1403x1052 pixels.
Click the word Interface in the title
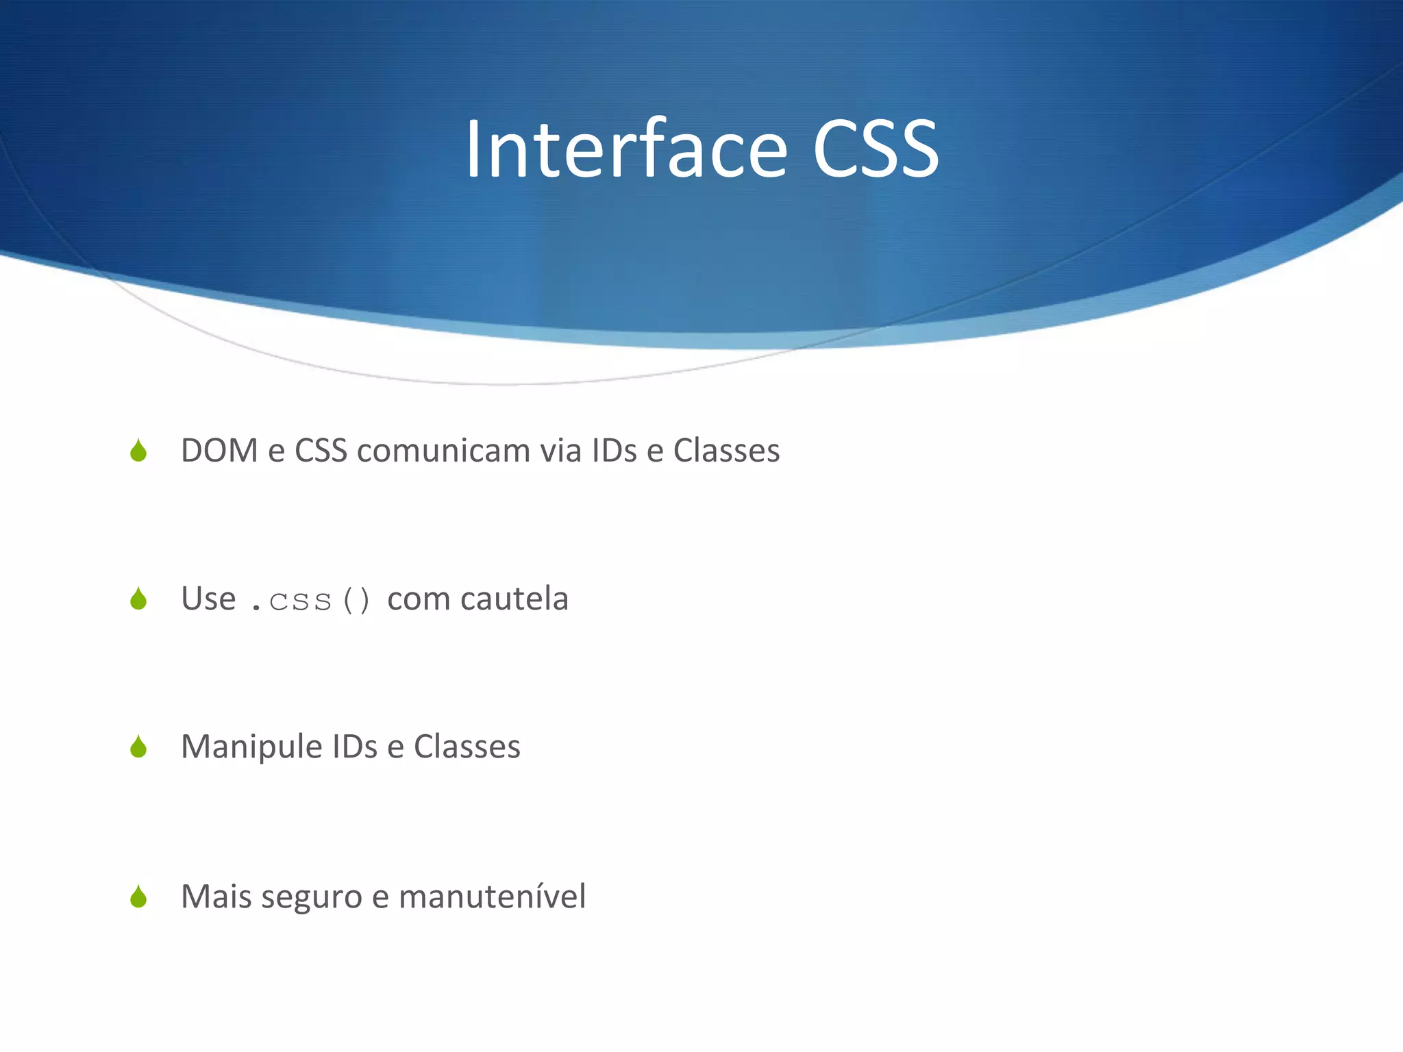(x=626, y=149)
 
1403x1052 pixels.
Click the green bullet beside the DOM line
(x=138, y=451)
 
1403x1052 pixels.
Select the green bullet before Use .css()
(x=138, y=599)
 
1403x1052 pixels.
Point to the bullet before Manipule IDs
(x=138, y=747)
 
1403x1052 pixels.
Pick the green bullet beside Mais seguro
(x=138, y=897)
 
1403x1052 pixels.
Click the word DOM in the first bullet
(x=219, y=451)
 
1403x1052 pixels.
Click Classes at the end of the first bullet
(x=726, y=451)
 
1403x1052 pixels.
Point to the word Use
(x=208, y=599)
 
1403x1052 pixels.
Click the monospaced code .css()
(x=310, y=601)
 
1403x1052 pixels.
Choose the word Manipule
(x=251, y=747)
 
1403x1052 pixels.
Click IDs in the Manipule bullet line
(x=354, y=747)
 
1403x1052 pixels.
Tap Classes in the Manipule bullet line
(x=467, y=747)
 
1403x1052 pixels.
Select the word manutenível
(x=492, y=897)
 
